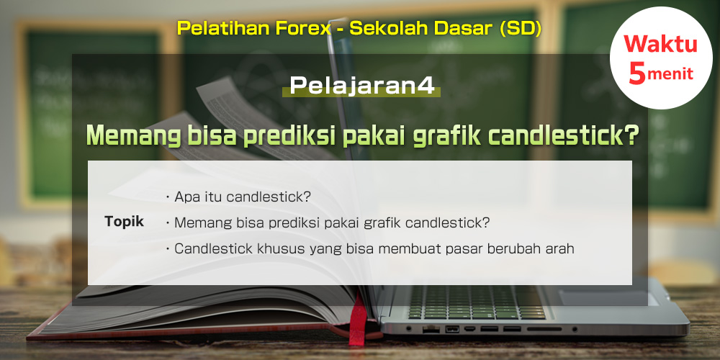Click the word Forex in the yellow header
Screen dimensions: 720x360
302,29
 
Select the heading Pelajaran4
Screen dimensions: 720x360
361,86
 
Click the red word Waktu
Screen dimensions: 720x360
661,44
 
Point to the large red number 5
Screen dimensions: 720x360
637,73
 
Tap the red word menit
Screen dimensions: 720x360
670,74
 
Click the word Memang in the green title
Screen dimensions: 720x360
133,136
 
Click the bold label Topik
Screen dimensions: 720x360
125,222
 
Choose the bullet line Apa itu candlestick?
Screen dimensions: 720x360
238,197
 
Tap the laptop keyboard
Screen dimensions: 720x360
477,302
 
